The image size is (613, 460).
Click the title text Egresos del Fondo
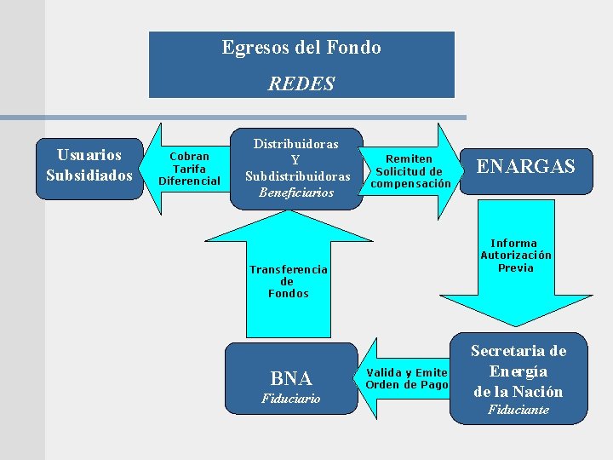click(x=301, y=48)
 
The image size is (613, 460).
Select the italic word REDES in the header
click(x=301, y=83)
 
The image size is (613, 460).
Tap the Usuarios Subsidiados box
click(x=89, y=166)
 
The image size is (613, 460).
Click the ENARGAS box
click(x=526, y=166)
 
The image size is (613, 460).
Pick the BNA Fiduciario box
click(x=290, y=379)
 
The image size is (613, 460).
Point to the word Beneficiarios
click(x=297, y=193)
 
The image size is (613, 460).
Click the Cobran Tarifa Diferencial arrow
click(x=189, y=168)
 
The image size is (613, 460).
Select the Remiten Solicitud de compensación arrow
click(x=410, y=170)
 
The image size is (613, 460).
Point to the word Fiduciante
click(x=518, y=410)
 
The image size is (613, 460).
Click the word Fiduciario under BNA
click(x=290, y=399)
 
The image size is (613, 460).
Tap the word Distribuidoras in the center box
click(x=296, y=144)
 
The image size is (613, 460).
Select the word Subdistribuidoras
click(x=297, y=176)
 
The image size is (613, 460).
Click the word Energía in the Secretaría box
click(x=518, y=371)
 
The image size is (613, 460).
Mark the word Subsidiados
click(x=89, y=175)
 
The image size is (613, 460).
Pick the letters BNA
click(x=290, y=377)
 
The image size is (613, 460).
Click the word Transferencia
click(x=288, y=269)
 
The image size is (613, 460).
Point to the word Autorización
click(x=515, y=255)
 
